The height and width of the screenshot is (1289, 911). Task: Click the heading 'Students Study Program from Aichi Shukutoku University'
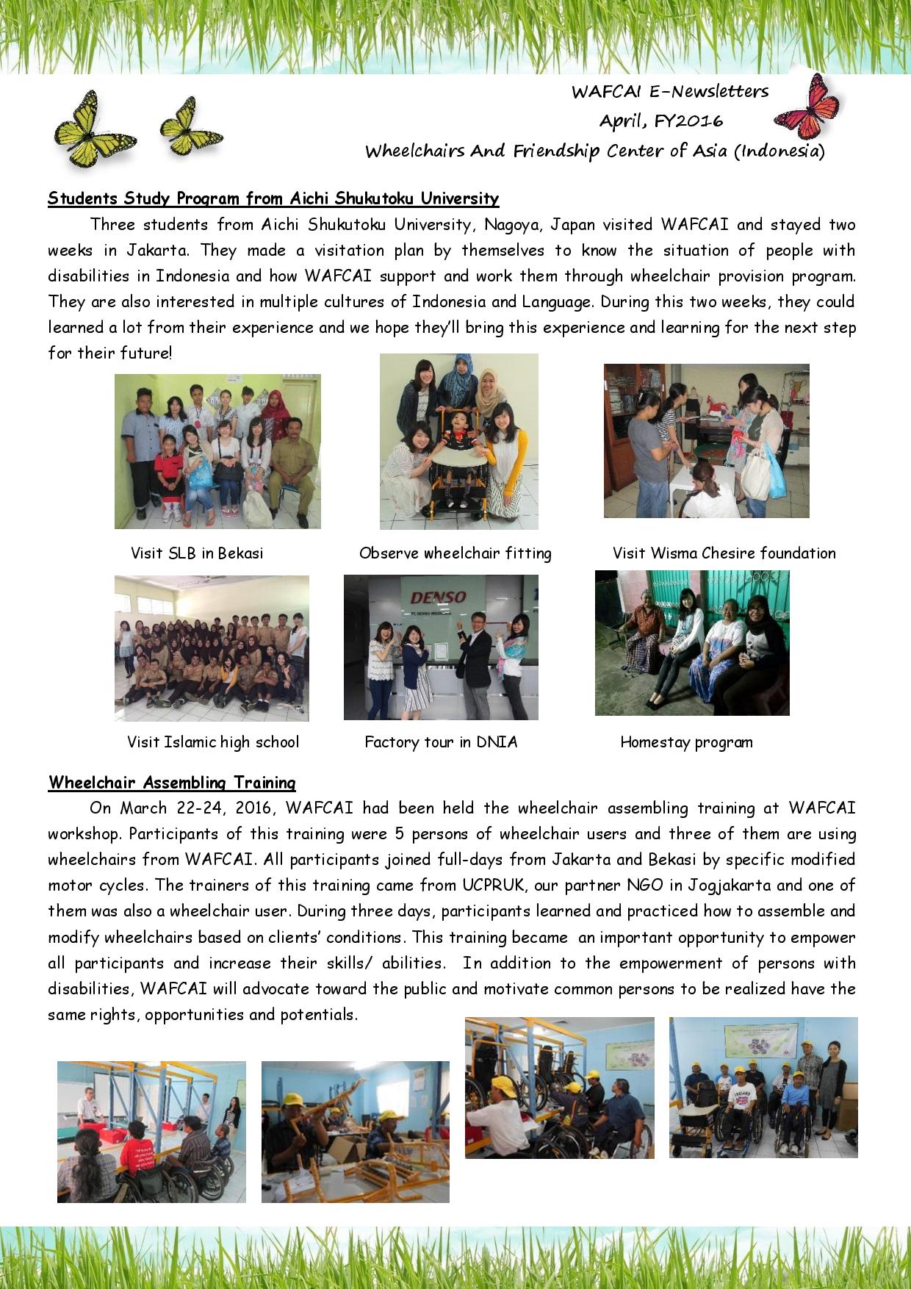tap(273, 198)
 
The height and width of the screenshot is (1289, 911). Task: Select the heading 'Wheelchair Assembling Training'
tap(172, 782)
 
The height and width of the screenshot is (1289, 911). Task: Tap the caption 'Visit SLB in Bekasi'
tap(197, 553)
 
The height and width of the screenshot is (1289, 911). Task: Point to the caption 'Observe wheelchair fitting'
tap(455, 553)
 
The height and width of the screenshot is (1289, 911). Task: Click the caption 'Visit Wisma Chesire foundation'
tap(724, 553)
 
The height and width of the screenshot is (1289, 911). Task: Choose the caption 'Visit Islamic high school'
tap(213, 742)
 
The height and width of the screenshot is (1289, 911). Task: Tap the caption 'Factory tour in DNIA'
tap(441, 742)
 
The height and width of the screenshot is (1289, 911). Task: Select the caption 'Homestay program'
tap(686, 742)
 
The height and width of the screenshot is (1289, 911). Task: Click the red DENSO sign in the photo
tap(439, 597)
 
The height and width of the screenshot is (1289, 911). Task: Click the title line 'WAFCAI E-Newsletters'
tap(670, 92)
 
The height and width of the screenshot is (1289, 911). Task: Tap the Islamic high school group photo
tap(212, 647)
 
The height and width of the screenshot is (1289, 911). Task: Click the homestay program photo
tap(691, 643)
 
